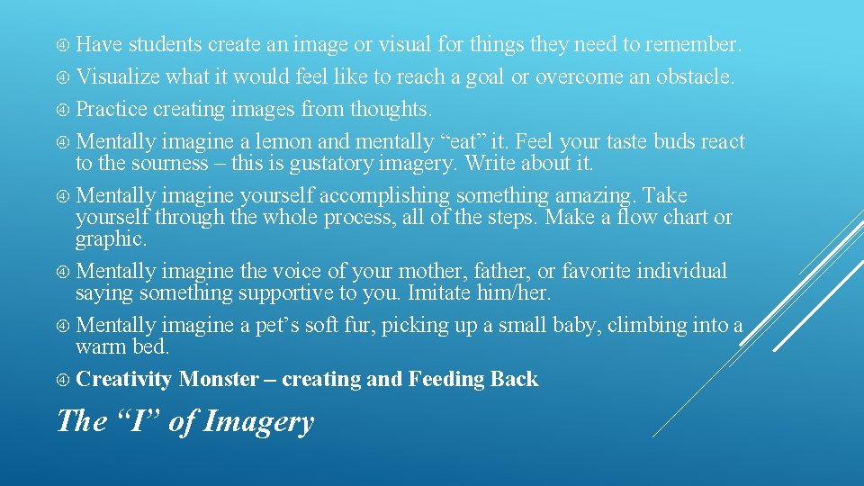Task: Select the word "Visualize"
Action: click(x=118, y=77)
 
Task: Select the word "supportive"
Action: click(x=299, y=293)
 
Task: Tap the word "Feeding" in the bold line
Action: click(x=446, y=380)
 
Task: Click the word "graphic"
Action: click(x=110, y=240)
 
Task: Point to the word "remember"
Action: click(x=694, y=45)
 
